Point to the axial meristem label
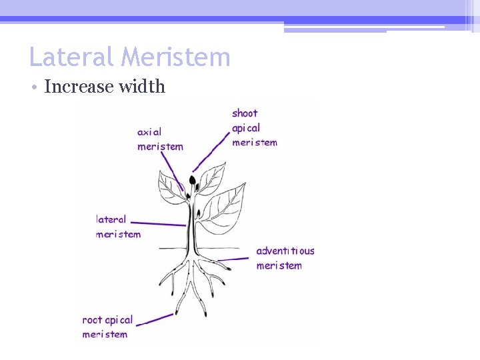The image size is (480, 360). (159, 139)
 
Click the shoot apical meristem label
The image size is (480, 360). (254, 127)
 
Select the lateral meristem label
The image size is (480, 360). (119, 227)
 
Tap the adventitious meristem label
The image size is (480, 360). (285, 258)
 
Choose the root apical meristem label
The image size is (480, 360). (107, 327)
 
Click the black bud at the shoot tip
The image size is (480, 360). (193, 180)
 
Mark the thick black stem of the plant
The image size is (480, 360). (191, 227)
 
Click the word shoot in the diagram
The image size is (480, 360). (245, 113)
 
